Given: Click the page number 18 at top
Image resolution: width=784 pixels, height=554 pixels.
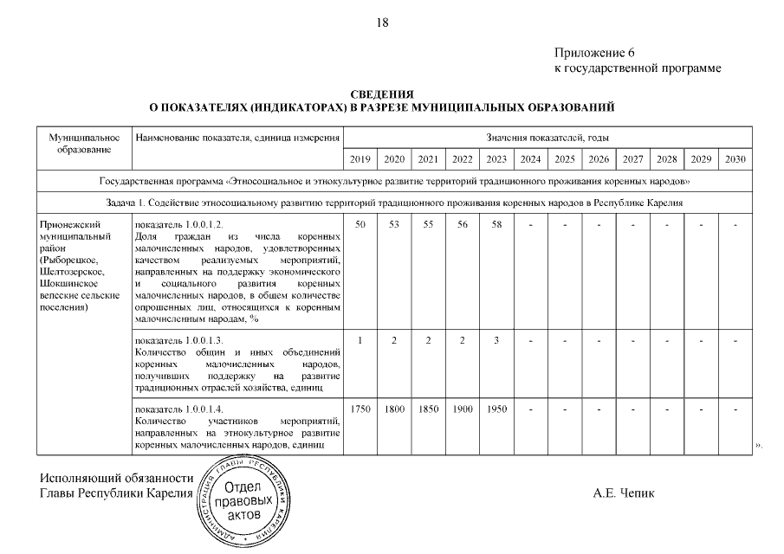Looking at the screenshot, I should pyautogui.click(x=383, y=23).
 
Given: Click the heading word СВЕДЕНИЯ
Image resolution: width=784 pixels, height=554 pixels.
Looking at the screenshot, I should pyautogui.click(x=382, y=93).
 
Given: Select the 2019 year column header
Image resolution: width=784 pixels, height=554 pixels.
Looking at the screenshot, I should pyautogui.click(x=360, y=160).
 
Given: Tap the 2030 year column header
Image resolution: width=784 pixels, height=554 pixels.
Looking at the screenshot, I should pyautogui.click(x=735, y=160).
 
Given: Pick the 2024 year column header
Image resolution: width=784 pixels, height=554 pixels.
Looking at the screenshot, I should pyautogui.click(x=529, y=160).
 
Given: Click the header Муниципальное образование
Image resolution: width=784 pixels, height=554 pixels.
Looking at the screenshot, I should pyautogui.click(x=83, y=144).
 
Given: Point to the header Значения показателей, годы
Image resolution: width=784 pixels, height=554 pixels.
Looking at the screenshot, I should pyautogui.click(x=548, y=138).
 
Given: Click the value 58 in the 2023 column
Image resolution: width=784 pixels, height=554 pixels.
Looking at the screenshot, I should pyautogui.click(x=496, y=225).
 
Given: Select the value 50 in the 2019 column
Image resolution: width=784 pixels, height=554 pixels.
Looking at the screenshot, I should pyautogui.click(x=360, y=225).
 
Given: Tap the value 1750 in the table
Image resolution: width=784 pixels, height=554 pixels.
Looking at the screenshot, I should pyautogui.click(x=360, y=409).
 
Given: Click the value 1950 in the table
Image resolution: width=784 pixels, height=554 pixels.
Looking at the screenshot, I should pyautogui.click(x=496, y=409).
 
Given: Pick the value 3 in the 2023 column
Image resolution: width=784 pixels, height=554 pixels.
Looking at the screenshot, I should pyautogui.click(x=496, y=340).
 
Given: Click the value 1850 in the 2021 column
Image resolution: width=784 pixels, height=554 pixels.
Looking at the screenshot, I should pyautogui.click(x=427, y=409).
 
